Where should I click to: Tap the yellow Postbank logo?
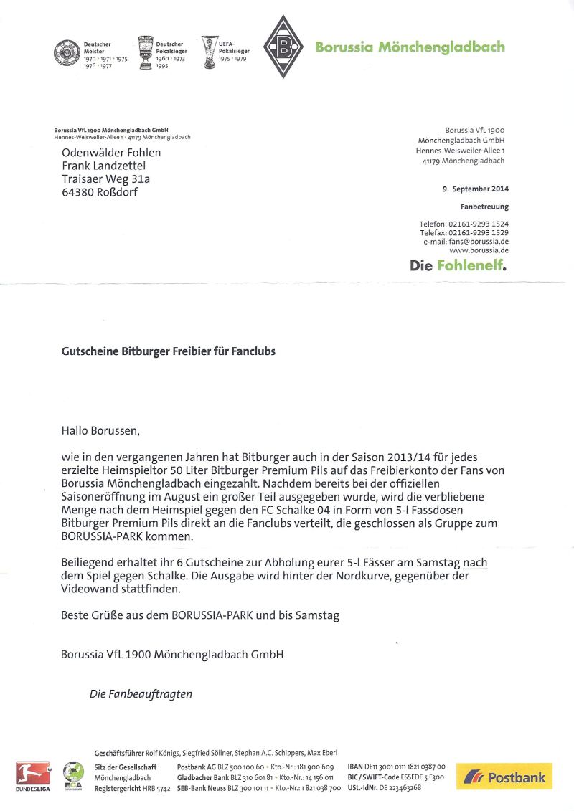pyautogui.click(x=504, y=776)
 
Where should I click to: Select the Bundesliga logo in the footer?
pyautogui.click(x=33, y=775)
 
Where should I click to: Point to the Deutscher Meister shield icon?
pyautogui.click(x=67, y=53)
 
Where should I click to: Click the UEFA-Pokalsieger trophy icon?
pyautogui.click(x=210, y=52)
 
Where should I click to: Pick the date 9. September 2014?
pyautogui.click(x=476, y=189)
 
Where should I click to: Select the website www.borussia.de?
pyautogui.click(x=479, y=250)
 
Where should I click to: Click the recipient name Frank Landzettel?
pyautogui.click(x=103, y=166)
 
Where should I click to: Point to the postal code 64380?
pyautogui.click(x=78, y=192)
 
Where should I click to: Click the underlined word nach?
pyautogui.click(x=475, y=564)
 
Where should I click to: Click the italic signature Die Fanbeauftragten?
pyautogui.click(x=141, y=693)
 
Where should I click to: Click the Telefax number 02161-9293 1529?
pyautogui.click(x=479, y=233)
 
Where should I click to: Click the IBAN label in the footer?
pyautogui.click(x=355, y=767)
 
